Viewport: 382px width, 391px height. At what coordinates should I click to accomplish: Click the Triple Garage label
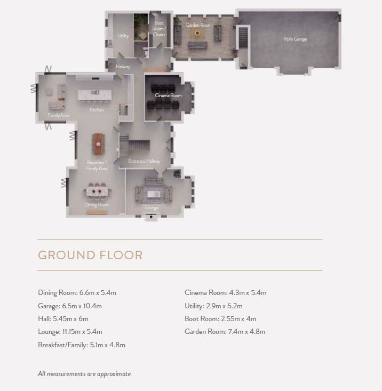(x=295, y=39)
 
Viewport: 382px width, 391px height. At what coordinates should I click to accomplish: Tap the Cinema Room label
(x=168, y=95)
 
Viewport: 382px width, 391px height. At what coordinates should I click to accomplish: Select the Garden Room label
(x=198, y=25)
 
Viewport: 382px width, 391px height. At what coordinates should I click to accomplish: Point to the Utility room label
(x=123, y=36)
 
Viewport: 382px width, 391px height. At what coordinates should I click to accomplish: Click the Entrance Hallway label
(x=144, y=161)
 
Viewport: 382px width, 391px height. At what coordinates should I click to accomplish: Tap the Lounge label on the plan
(x=152, y=208)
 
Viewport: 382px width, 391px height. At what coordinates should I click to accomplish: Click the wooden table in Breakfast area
(x=98, y=144)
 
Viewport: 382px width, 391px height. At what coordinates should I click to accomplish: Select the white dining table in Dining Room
(x=97, y=191)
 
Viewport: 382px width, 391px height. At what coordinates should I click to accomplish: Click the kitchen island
(x=95, y=95)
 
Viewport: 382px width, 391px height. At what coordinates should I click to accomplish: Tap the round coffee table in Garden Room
(x=197, y=33)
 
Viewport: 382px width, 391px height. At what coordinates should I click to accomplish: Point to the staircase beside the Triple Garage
(x=243, y=38)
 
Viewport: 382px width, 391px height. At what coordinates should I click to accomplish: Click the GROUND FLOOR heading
(x=90, y=255)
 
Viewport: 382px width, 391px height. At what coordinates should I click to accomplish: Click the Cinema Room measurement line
(x=225, y=292)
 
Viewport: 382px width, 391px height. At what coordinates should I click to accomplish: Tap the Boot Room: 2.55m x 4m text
(x=220, y=318)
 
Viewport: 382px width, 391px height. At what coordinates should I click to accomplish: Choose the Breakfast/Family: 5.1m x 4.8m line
(x=82, y=345)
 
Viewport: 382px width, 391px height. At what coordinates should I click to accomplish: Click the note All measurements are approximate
(x=84, y=374)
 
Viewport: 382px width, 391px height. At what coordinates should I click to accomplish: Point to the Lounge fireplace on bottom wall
(x=151, y=218)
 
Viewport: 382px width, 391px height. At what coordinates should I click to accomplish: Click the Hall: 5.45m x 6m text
(x=63, y=318)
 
